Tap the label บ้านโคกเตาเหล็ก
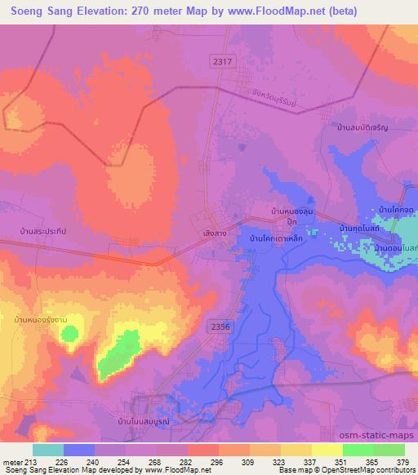point(277,237)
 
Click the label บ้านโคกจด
point(396,211)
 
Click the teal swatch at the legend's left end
point(48,450)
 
